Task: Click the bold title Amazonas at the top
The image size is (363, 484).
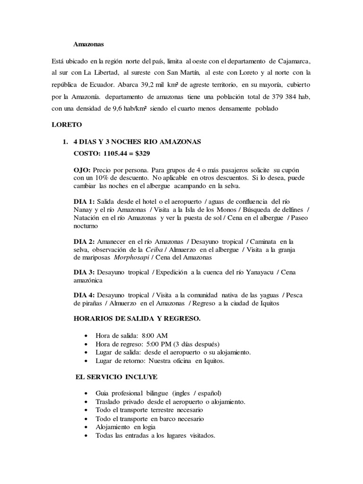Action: point(88,44)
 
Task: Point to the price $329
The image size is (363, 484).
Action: point(144,154)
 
